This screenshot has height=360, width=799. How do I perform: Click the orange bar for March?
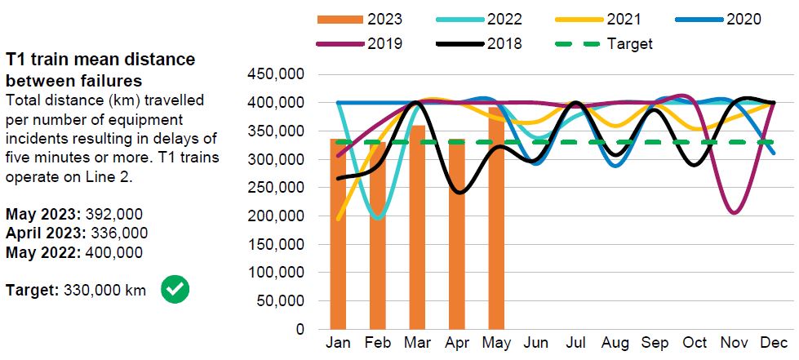point(417,228)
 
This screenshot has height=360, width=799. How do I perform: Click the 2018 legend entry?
point(504,43)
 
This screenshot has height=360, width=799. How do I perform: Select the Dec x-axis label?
point(774,344)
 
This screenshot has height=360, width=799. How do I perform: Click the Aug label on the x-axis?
point(615,344)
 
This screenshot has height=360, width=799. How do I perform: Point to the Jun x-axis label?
point(536,344)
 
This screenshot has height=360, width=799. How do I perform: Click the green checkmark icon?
point(175,289)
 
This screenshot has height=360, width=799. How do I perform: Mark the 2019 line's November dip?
point(735,213)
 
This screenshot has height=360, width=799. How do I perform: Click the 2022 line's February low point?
point(377,218)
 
